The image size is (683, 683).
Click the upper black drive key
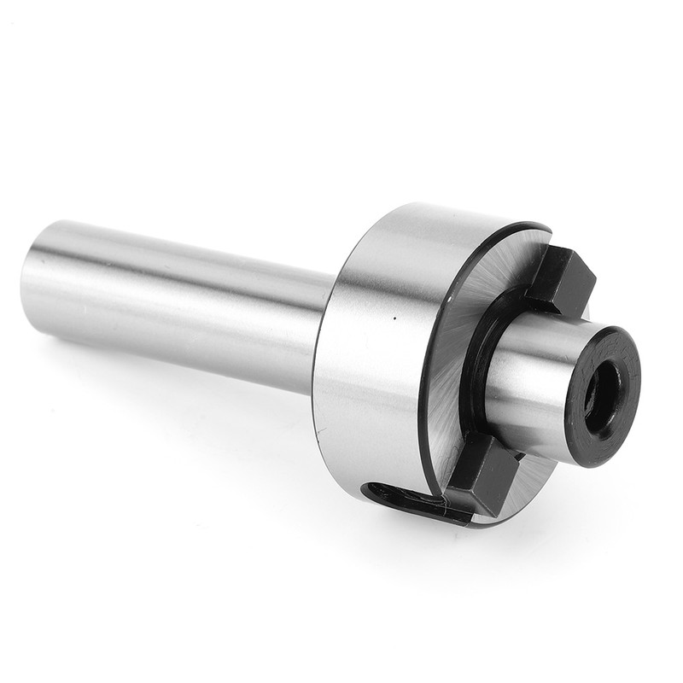coord(559,280)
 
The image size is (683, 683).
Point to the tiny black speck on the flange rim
coord(395,318)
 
